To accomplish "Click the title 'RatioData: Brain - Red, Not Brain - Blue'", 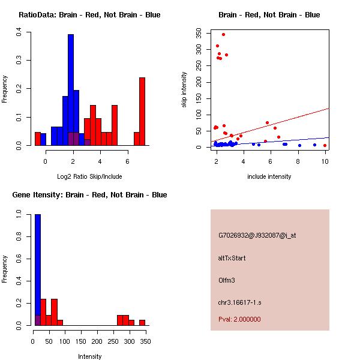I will click(89, 15).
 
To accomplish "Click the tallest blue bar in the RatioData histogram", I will click(71, 90).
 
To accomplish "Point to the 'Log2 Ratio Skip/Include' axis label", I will click(89, 176).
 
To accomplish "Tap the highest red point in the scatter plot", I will click(223, 35).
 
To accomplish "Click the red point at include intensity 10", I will click(325, 145).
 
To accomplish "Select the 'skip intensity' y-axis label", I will click(185, 90).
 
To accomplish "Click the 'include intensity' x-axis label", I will click(269, 176).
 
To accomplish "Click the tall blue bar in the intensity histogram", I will click(37, 270).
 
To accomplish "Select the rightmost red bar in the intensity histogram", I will click(142, 322).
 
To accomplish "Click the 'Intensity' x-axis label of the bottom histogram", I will click(89, 356).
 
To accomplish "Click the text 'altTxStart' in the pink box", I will click(232, 258).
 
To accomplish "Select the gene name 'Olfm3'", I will click(227, 280).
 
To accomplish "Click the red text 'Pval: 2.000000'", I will click(239, 319).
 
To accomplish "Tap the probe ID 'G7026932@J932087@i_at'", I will click(257, 235).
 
